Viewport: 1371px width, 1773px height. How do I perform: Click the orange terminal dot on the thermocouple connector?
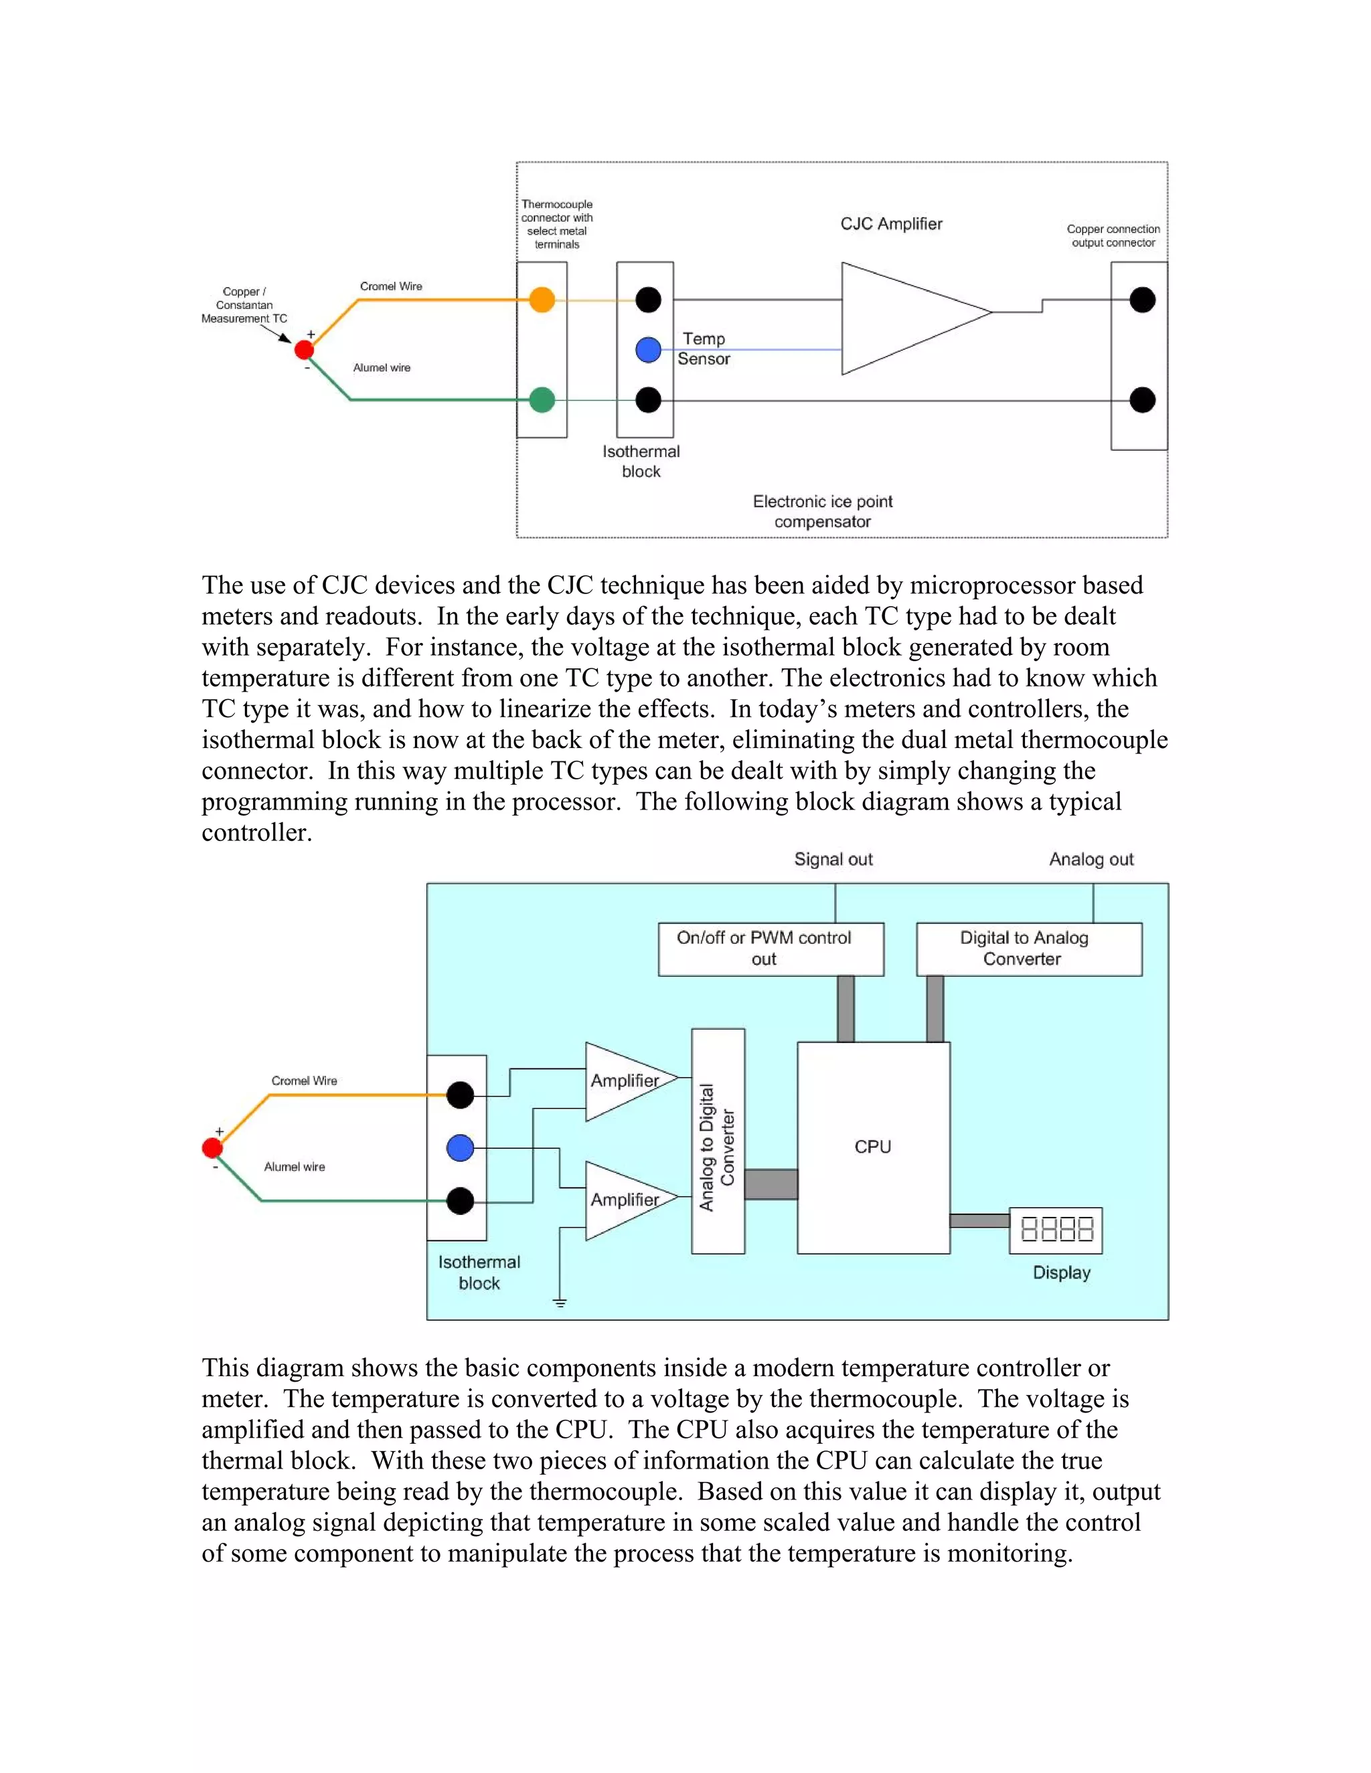pyautogui.click(x=542, y=300)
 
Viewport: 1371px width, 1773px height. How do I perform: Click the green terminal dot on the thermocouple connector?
pyautogui.click(x=542, y=399)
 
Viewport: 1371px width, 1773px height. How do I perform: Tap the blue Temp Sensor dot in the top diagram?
pyautogui.click(x=648, y=350)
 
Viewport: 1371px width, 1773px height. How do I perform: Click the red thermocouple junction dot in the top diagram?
pyautogui.click(x=304, y=350)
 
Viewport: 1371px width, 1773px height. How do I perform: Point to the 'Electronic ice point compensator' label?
pyautogui.click(x=822, y=511)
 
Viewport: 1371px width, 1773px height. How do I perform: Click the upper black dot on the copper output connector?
pyautogui.click(x=1142, y=300)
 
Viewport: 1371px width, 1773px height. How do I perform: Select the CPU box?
pyautogui.click(x=873, y=1147)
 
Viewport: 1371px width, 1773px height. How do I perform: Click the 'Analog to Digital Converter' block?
pyautogui.click(x=718, y=1141)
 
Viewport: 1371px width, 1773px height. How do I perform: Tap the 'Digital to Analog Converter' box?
pyautogui.click(x=1028, y=948)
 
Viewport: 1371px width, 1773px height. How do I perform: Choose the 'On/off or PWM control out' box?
pyautogui.click(x=770, y=948)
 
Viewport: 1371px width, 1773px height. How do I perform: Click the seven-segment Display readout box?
pyautogui.click(x=1056, y=1230)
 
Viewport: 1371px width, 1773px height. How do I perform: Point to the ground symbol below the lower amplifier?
pyautogui.click(x=560, y=1301)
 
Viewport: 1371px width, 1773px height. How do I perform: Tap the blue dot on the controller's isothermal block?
pyautogui.click(x=461, y=1148)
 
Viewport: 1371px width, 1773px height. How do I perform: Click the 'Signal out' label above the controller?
pyautogui.click(x=833, y=859)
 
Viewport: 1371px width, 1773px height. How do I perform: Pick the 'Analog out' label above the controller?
pyautogui.click(x=1091, y=859)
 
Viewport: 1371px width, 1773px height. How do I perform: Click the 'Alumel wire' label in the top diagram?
pyautogui.click(x=382, y=368)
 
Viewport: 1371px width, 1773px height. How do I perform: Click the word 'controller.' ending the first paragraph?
pyautogui.click(x=256, y=833)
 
